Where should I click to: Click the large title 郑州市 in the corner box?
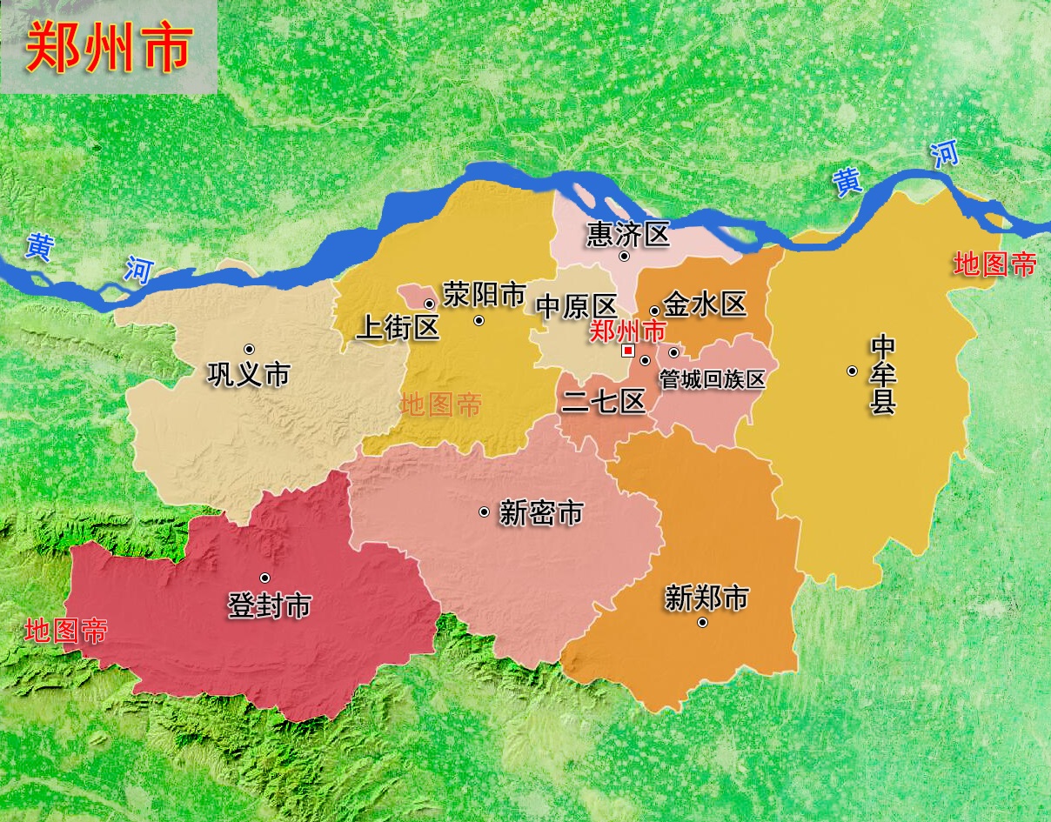coord(108,47)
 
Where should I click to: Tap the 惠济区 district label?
coord(628,233)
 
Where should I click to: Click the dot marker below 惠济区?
coord(624,256)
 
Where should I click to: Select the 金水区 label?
coord(705,304)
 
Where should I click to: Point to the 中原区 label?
coord(576,306)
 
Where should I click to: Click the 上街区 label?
coord(398,327)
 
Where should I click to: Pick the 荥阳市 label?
coord(485,294)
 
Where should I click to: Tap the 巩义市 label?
coord(248,374)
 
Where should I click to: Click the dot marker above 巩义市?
coord(249,350)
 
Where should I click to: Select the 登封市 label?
coord(270,605)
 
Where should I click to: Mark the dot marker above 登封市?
coord(264,578)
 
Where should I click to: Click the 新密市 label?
coord(540,513)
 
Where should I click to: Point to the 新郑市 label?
coord(706,598)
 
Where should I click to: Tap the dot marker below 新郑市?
coord(702,622)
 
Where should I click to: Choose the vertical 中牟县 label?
coord(882,375)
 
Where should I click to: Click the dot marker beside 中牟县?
coord(852,371)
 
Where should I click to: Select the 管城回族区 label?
coord(712,379)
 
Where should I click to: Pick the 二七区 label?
coord(604,401)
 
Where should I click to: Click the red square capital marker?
coord(627,351)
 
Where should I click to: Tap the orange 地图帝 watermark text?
coord(441,404)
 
